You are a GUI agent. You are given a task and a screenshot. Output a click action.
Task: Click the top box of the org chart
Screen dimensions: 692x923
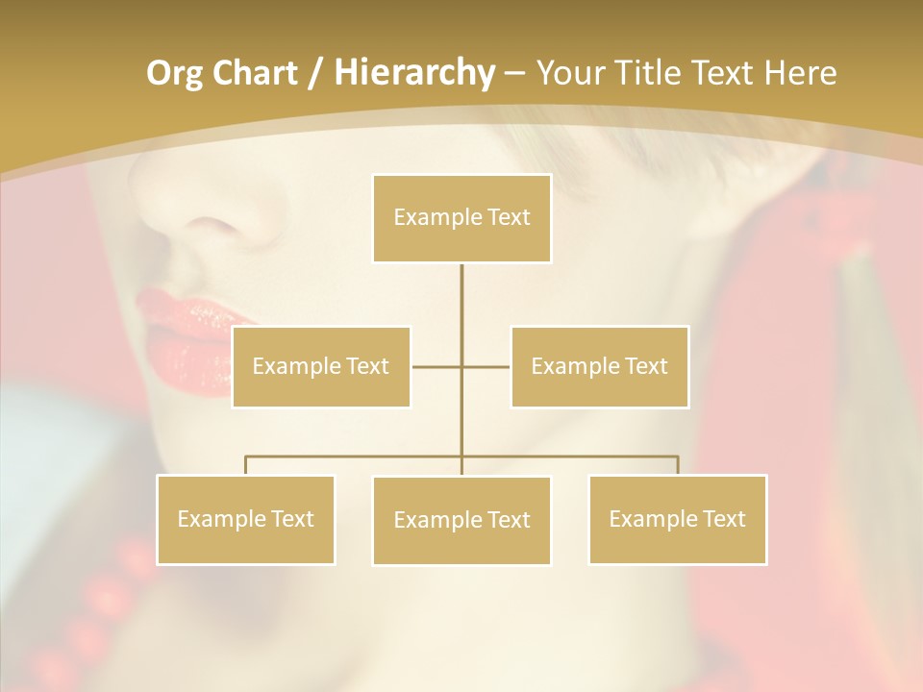pyautogui.click(x=461, y=218)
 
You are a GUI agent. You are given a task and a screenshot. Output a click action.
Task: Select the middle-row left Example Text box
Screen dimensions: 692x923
pyautogui.click(x=321, y=366)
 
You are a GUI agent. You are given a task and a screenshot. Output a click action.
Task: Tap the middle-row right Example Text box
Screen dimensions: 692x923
pyautogui.click(x=599, y=366)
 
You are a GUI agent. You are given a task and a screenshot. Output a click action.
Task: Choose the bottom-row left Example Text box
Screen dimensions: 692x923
pyautogui.click(x=245, y=519)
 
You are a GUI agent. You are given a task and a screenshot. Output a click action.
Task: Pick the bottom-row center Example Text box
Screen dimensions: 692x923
pyautogui.click(x=461, y=520)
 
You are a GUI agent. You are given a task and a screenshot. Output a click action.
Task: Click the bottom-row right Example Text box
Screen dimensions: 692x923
pyautogui.click(x=677, y=519)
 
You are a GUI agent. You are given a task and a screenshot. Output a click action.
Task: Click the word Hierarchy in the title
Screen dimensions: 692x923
pyautogui.click(x=413, y=73)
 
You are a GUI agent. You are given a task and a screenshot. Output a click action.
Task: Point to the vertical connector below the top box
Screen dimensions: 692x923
pyautogui.click(x=461, y=298)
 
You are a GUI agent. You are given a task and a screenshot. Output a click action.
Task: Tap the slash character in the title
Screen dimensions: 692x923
pyautogui.click(x=312, y=73)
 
